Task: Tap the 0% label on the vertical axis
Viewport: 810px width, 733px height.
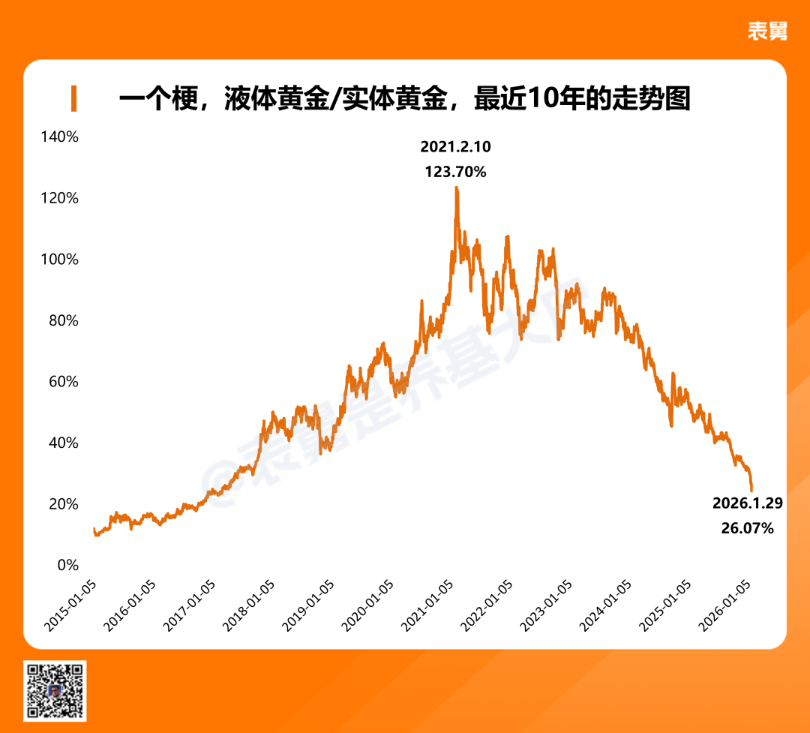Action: (x=67, y=565)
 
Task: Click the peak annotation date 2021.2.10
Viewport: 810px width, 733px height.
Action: (x=455, y=146)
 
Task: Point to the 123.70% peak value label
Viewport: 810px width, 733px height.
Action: (x=455, y=172)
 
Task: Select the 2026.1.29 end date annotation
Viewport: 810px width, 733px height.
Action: (x=747, y=503)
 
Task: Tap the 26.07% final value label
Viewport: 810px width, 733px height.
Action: (x=747, y=528)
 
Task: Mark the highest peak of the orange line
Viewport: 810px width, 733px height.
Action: (x=456, y=188)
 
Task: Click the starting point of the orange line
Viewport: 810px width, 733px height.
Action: (x=94, y=530)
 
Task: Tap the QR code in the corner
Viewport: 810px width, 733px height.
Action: (x=55, y=690)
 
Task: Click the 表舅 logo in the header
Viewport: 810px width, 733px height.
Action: (x=767, y=31)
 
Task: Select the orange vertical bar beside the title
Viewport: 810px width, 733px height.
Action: (x=73, y=99)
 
